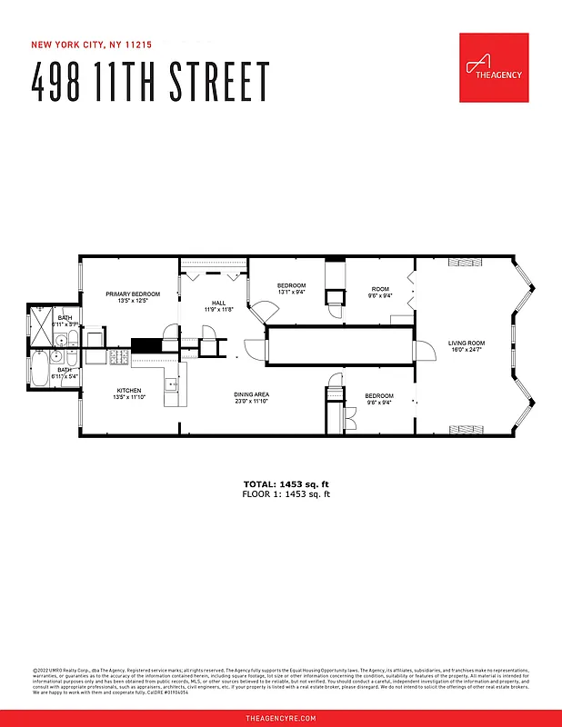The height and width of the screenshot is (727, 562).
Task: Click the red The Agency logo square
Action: [494, 67]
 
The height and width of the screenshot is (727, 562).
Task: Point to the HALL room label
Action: [218, 304]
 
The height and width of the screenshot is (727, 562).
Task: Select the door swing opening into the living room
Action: [421, 352]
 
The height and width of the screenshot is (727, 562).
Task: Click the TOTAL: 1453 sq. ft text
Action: [286, 483]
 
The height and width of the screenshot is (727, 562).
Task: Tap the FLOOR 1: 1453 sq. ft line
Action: [286, 494]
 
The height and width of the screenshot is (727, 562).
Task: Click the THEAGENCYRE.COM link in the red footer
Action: [281, 718]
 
